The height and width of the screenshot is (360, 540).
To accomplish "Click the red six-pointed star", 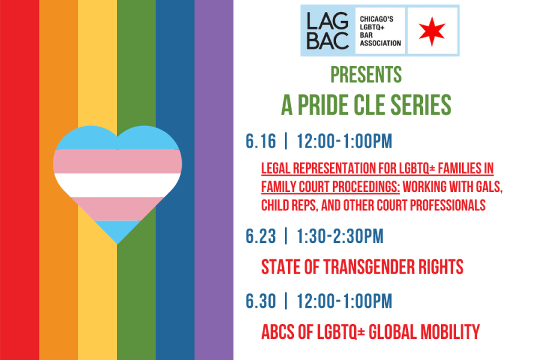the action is tap(432, 31).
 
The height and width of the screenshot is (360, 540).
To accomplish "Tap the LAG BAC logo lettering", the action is tap(328, 31).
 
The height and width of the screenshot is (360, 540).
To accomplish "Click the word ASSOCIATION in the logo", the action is tap(380, 43).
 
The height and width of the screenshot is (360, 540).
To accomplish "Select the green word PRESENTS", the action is tap(366, 74).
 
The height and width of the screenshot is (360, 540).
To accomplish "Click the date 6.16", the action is tap(261, 141).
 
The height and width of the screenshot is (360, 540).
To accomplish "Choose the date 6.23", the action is tap(261, 236).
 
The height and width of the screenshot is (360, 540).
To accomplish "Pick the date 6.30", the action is tap(261, 301).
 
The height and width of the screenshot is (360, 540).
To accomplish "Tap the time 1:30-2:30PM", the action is tap(340, 236).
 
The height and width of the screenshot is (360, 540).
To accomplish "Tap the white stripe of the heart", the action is tap(118, 185).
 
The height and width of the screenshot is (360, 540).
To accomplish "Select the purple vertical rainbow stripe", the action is tap(214, 180).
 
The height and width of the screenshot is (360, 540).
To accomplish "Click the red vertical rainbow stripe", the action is tap(20, 180).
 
